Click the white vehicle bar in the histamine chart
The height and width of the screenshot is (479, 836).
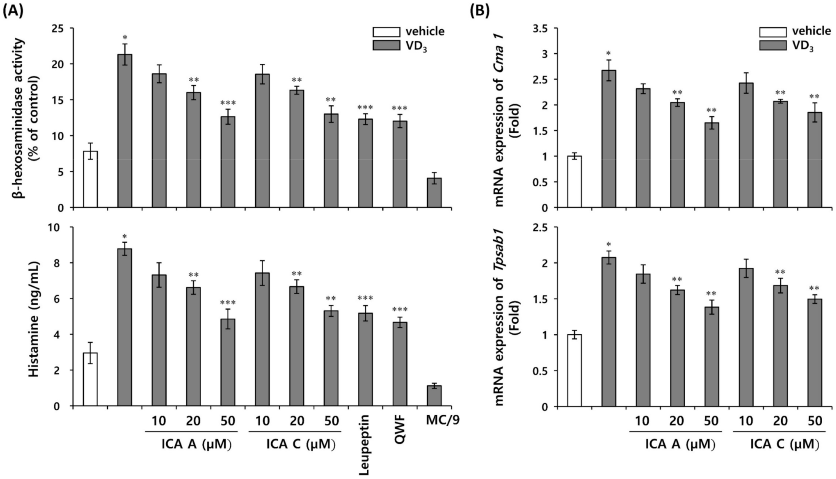click(91, 379)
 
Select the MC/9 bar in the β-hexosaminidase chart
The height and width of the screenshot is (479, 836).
click(434, 193)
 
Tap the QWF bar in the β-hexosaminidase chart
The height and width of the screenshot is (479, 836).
click(400, 164)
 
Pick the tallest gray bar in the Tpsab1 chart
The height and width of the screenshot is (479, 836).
click(609, 332)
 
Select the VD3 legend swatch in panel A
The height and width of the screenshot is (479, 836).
click(386, 45)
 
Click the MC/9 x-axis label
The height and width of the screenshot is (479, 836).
click(440, 421)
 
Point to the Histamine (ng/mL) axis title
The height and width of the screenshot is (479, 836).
click(35, 319)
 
